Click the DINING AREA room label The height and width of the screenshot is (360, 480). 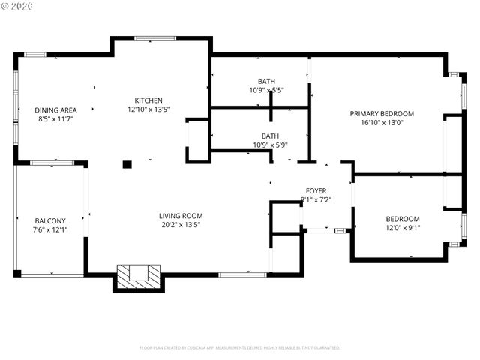tap(56, 110)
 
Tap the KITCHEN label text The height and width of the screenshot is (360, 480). tap(148, 100)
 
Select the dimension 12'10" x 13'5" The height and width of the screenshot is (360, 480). tap(148, 109)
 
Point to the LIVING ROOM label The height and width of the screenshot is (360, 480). tap(181, 216)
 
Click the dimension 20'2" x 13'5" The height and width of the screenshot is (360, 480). tap(181, 224)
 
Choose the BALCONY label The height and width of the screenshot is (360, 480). tap(50, 220)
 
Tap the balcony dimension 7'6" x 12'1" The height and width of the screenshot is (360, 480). tap(50, 229)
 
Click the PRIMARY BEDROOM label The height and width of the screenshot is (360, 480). tap(382, 114)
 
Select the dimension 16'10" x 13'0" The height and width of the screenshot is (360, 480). tap(382, 123)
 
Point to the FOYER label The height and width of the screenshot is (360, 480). tap(316, 190)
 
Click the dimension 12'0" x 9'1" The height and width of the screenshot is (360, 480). tap(403, 228)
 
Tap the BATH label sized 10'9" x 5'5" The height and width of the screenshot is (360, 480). tap(266, 81)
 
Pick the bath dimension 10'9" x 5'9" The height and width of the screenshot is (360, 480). tap(270, 145)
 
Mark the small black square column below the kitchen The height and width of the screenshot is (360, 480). tap(127, 164)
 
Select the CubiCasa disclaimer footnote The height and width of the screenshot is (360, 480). tap(240, 348)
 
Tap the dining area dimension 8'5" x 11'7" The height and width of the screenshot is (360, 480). tap(56, 119)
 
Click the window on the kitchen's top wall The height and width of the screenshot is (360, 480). tap(155, 37)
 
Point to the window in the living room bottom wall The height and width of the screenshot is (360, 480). tap(242, 274)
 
